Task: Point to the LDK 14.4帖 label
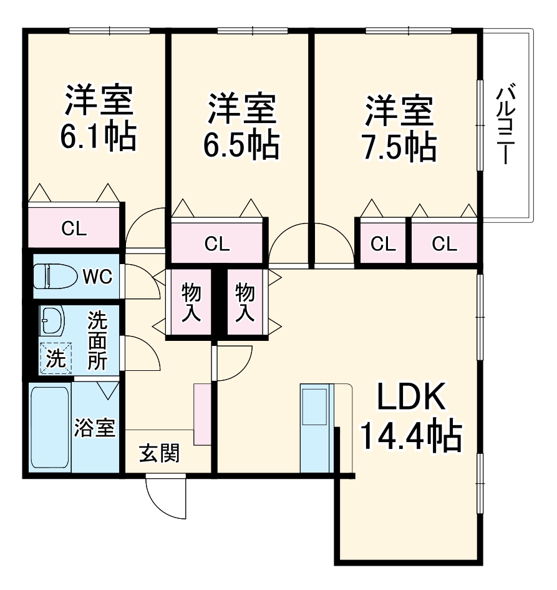(411, 418)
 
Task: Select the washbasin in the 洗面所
(52, 322)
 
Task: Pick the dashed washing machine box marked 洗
(55, 358)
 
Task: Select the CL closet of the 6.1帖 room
(74, 228)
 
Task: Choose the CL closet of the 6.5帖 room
(217, 243)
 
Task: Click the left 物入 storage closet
(191, 303)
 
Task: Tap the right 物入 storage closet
(245, 303)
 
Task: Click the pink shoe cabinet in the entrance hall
(203, 414)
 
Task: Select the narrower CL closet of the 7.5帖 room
(383, 243)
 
